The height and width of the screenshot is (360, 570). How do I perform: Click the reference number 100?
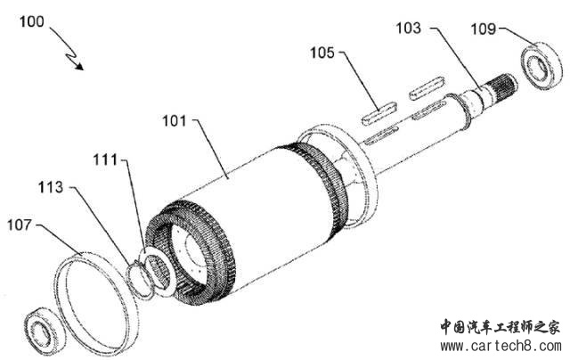click(32, 21)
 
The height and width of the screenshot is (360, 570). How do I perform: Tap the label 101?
click(175, 121)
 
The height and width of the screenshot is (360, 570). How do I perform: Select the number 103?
click(408, 29)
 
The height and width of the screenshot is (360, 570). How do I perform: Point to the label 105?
click(322, 53)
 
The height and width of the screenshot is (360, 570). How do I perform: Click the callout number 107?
click(20, 225)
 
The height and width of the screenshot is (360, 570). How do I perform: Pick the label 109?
click(483, 29)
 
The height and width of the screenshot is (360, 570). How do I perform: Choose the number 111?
click(105, 160)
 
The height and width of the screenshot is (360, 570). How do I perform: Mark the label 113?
click(51, 188)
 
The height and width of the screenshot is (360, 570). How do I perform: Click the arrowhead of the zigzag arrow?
click(79, 66)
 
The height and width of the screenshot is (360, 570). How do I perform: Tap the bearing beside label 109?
click(541, 66)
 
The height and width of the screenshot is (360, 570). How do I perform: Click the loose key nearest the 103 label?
click(427, 88)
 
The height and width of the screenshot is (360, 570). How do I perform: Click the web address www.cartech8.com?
click(501, 346)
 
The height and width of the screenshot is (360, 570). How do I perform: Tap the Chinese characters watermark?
click(501, 327)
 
